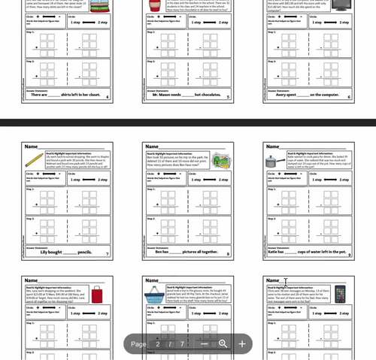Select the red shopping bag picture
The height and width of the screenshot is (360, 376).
point(97,295)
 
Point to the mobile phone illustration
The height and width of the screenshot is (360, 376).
point(339,294)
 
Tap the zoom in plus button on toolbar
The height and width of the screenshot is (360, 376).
point(242,343)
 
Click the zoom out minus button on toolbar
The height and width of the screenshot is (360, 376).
point(204,343)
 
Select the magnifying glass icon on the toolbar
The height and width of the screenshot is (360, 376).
point(223,343)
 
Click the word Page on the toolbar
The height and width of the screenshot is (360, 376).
point(138,343)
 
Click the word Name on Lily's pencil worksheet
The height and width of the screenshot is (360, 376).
point(31,147)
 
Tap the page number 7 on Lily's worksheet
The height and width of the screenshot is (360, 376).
point(108,255)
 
